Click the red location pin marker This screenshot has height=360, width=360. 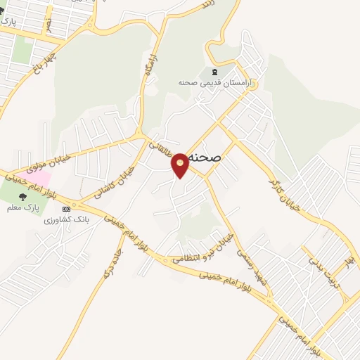coord(181,165)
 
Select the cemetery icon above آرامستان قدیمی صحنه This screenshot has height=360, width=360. coord(214,72)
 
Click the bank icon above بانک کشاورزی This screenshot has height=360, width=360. coord(67,209)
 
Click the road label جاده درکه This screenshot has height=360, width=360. coord(115,261)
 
